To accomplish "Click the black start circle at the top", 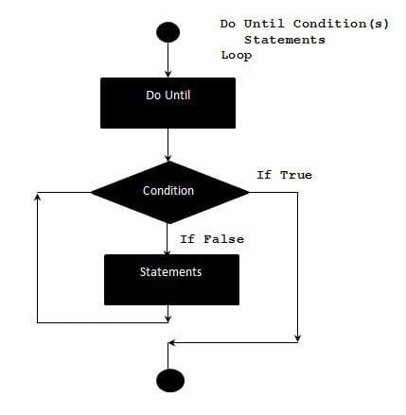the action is pyautogui.click(x=168, y=32).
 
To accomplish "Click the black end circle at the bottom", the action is pyautogui.click(x=170, y=380).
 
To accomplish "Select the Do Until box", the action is pyautogui.click(x=168, y=103).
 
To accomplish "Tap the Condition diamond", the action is pyautogui.click(x=169, y=192).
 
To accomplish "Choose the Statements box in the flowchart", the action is pyautogui.click(x=171, y=280).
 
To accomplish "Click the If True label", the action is pyautogui.click(x=284, y=175).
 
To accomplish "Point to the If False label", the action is pyautogui.click(x=212, y=239).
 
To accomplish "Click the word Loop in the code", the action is pyautogui.click(x=237, y=56).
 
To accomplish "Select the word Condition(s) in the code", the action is pyautogui.click(x=341, y=24).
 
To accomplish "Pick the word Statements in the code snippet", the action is pyautogui.click(x=285, y=40).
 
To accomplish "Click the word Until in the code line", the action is pyautogui.click(x=264, y=24).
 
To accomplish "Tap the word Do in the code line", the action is pyautogui.click(x=228, y=24).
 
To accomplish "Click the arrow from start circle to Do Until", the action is pyautogui.click(x=168, y=60).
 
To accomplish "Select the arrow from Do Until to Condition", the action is pyautogui.click(x=168, y=145).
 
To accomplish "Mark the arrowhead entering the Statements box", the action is pyautogui.click(x=168, y=251).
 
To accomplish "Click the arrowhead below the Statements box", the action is pyautogui.click(x=168, y=319).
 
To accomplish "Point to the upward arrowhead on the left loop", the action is pyautogui.click(x=38, y=197).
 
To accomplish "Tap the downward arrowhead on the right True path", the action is pyautogui.click(x=297, y=338).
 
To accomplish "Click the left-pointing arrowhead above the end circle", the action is pyautogui.click(x=172, y=343).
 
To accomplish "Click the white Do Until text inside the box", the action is pyautogui.click(x=168, y=95).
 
